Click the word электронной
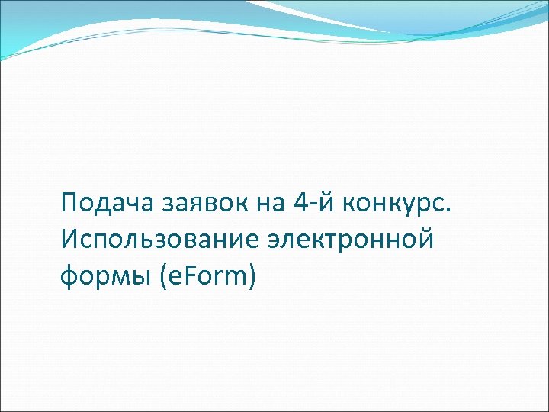350,240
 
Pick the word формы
104,276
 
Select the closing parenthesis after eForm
252,276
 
